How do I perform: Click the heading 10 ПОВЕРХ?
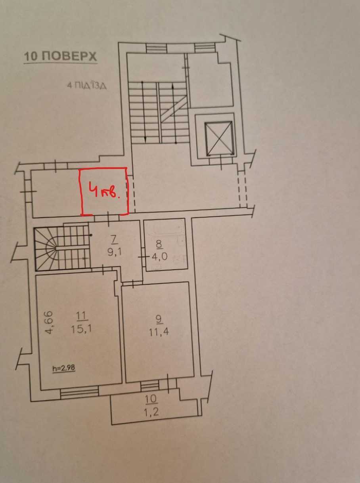(x=60, y=56)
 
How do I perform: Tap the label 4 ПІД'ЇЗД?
(x=87, y=86)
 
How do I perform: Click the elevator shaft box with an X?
(x=218, y=138)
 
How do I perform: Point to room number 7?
(x=114, y=240)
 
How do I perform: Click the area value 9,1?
(x=115, y=252)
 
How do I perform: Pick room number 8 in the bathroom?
(x=159, y=244)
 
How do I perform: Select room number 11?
(x=82, y=316)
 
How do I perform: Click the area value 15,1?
(x=81, y=329)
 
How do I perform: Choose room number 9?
(x=159, y=318)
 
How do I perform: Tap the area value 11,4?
(x=159, y=332)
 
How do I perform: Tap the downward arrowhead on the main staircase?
(x=145, y=139)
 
